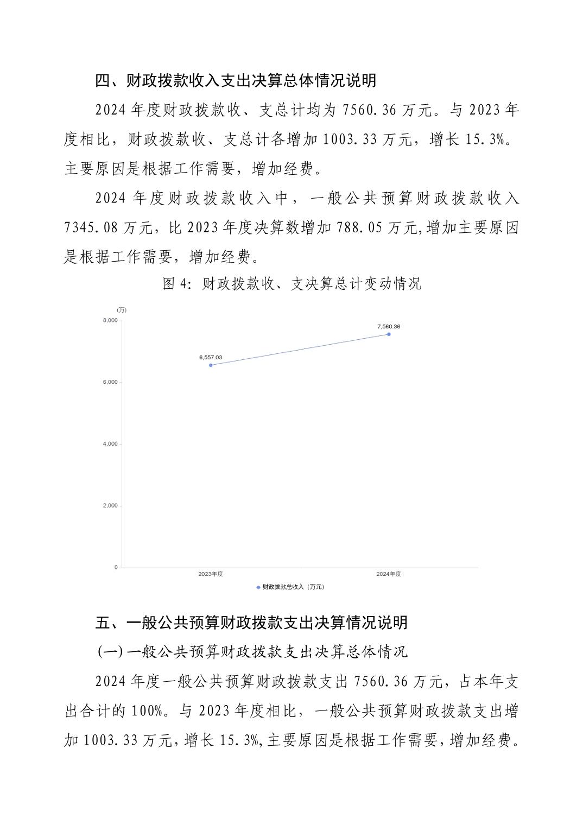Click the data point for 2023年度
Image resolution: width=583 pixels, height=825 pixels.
(211, 365)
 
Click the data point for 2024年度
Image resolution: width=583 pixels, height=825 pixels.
(389, 334)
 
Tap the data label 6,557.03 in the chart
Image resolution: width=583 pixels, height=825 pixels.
(211, 358)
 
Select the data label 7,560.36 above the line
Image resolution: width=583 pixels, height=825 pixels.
(389, 327)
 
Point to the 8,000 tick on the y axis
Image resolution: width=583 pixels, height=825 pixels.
(110, 320)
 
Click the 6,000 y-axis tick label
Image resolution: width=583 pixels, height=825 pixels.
(110, 382)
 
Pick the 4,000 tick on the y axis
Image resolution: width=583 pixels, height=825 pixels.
(110, 444)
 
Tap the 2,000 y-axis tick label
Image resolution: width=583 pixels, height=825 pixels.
(110, 506)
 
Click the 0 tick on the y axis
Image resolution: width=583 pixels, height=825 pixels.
(116, 567)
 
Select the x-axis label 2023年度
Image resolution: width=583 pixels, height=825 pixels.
(211, 574)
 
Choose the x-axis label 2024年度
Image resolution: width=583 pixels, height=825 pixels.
(389, 574)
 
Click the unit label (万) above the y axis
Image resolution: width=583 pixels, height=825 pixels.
(122, 310)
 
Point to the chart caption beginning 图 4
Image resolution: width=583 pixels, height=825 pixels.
(292, 284)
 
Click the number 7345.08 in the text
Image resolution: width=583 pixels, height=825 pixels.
(91, 227)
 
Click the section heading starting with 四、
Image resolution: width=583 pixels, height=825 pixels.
(236, 81)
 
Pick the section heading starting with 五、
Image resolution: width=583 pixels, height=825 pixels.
(251, 623)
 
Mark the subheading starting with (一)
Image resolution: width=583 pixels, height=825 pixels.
(252, 652)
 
